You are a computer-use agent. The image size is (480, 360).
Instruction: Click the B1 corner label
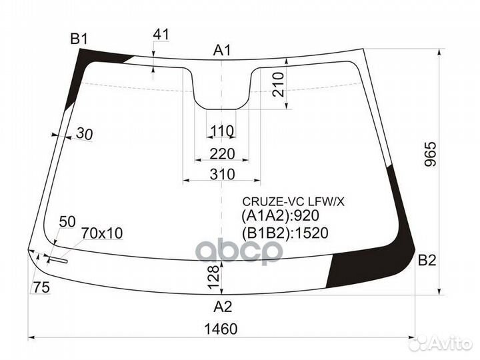[80, 39]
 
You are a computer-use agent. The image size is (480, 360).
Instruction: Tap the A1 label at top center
[222, 50]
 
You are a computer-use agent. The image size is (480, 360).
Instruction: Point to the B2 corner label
[427, 261]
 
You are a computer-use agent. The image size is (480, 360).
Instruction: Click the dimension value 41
[161, 35]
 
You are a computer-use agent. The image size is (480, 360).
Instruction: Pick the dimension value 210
[279, 84]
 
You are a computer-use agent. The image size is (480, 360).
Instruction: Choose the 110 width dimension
[222, 130]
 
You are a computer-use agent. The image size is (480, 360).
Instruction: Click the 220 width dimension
[222, 154]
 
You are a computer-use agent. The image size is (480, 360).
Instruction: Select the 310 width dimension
[222, 174]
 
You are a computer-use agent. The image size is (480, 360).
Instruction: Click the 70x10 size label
[102, 233]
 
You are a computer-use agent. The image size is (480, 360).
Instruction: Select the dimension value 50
[68, 221]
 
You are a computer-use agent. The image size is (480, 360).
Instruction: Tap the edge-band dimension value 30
[84, 134]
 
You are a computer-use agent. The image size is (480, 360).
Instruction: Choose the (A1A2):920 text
[280, 216]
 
